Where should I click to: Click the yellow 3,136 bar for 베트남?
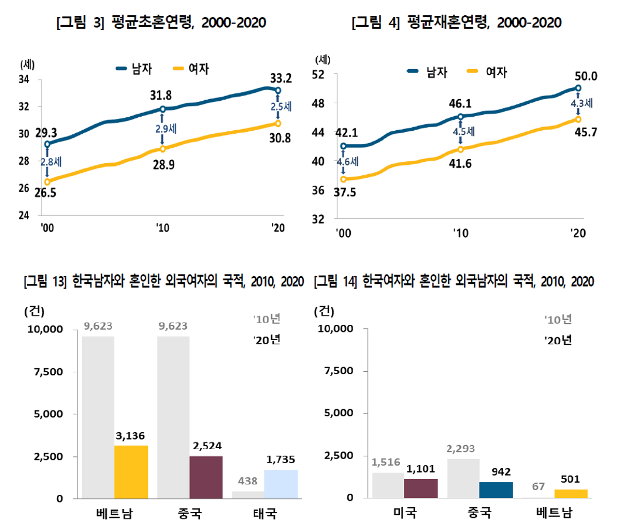tap(131, 471)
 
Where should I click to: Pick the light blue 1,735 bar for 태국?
tap(281, 484)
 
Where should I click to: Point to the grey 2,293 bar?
tap(463, 478)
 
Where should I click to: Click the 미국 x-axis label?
tap(404, 514)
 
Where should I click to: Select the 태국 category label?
tap(265, 514)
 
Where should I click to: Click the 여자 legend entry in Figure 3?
tap(191, 69)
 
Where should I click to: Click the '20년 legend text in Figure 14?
tap(558, 340)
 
